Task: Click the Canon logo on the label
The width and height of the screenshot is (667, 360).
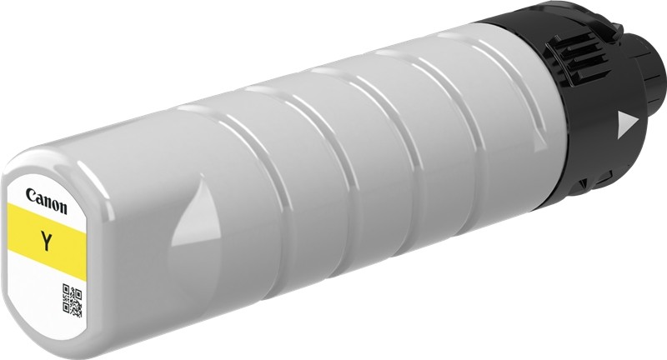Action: [47, 201]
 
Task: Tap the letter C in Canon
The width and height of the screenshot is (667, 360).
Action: [31, 195]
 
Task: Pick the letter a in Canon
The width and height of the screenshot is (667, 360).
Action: [38, 199]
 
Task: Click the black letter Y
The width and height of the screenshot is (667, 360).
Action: [47, 241]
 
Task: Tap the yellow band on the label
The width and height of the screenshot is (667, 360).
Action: [47, 242]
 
